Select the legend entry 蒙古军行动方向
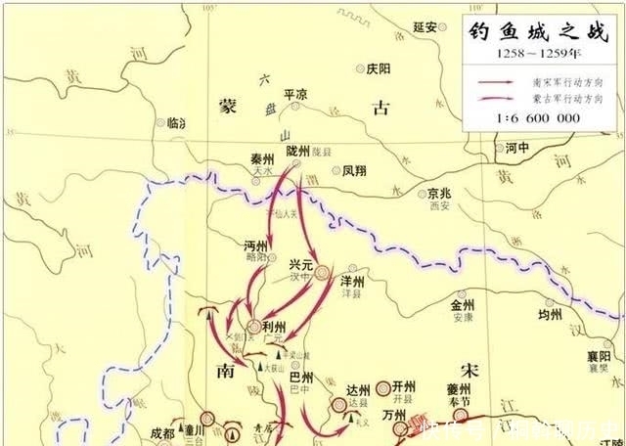[x=567, y=98]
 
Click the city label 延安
[x=424, y=27]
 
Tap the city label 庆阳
[x=377, y=69]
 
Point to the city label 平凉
[x=295, y=94]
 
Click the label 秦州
[x=261, y=156]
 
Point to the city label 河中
[x=517, y=149]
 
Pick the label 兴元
[x=302, y=264]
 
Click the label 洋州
[x=351, y=281]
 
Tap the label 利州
[x=274, y=326]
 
